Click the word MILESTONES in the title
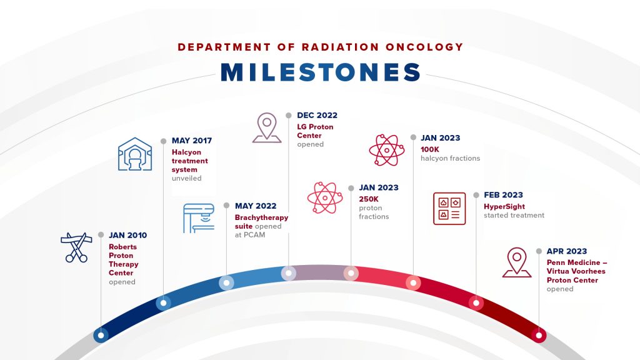[321, 72]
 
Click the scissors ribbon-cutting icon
[76, 247]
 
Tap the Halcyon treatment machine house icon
[135, 154]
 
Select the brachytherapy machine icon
[199, 218]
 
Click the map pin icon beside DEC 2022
[267, 127]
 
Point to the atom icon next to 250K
[325, 198]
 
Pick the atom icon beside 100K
[386, 150]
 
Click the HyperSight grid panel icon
[449, 209]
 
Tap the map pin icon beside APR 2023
[517, 262]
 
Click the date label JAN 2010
[127, 235]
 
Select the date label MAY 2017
[192, 141]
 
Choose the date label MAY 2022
[256, 206]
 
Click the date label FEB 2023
[503, 195]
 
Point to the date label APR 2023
[567, 251]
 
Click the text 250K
[369, 199]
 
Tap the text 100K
[430, 149]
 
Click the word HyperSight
[504, 207]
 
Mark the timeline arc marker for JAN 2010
[101, 336]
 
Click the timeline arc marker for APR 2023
[539, 336]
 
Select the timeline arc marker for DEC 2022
[289, 273]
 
